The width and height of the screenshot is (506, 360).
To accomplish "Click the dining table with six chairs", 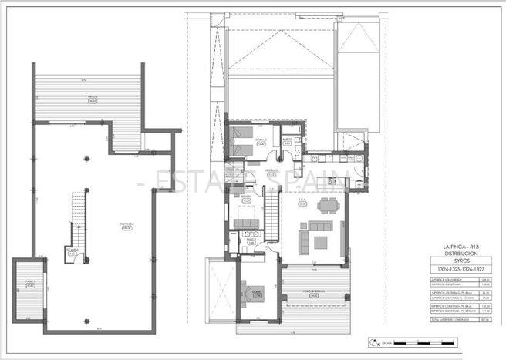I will [329, 206].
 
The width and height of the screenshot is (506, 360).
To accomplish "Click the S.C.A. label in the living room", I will [303, 204].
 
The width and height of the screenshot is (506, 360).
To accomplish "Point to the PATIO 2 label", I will [30, 283].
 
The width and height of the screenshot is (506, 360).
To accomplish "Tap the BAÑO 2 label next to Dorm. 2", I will [287, 141].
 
